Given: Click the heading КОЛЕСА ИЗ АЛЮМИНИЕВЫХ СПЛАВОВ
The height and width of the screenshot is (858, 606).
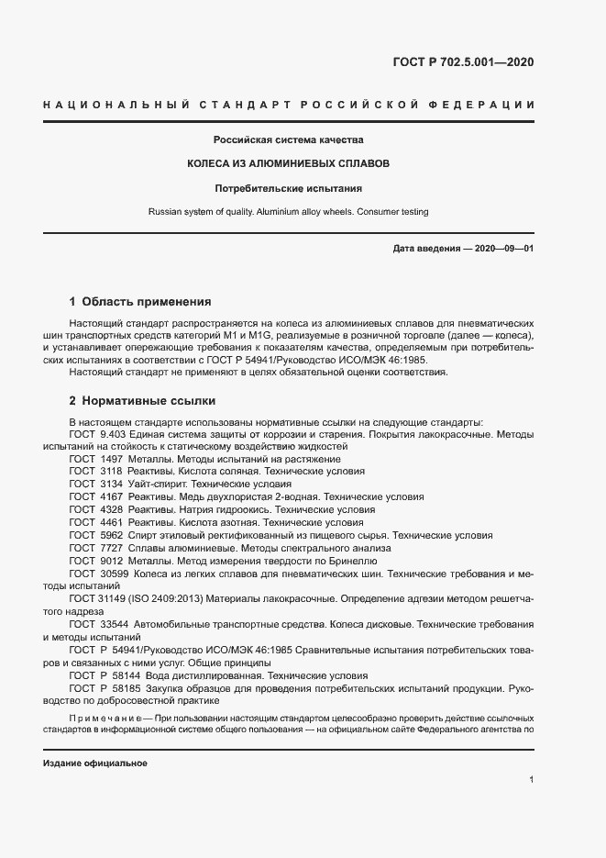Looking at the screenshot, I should pyautogui.click(x=289, y=163).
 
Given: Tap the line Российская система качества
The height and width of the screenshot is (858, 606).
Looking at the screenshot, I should pyautogui.click(x=289, y=140).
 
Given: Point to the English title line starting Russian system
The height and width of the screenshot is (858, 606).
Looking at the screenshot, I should pyautogui.click(x=289, y=211).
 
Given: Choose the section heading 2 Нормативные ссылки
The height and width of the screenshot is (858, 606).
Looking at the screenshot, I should pyautogui.click(x=143, y=401).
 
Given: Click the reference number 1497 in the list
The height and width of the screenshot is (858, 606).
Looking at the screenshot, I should pyautogui.click(x=111, y=459).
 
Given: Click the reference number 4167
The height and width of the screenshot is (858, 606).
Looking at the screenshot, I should pyautogui.click(x=111, y=496).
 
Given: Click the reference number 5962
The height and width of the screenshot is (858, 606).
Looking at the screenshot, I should pyautogui.click(x=111, y=535).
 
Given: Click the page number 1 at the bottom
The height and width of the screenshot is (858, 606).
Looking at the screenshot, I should pyautogui.click(x=531, y=779).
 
